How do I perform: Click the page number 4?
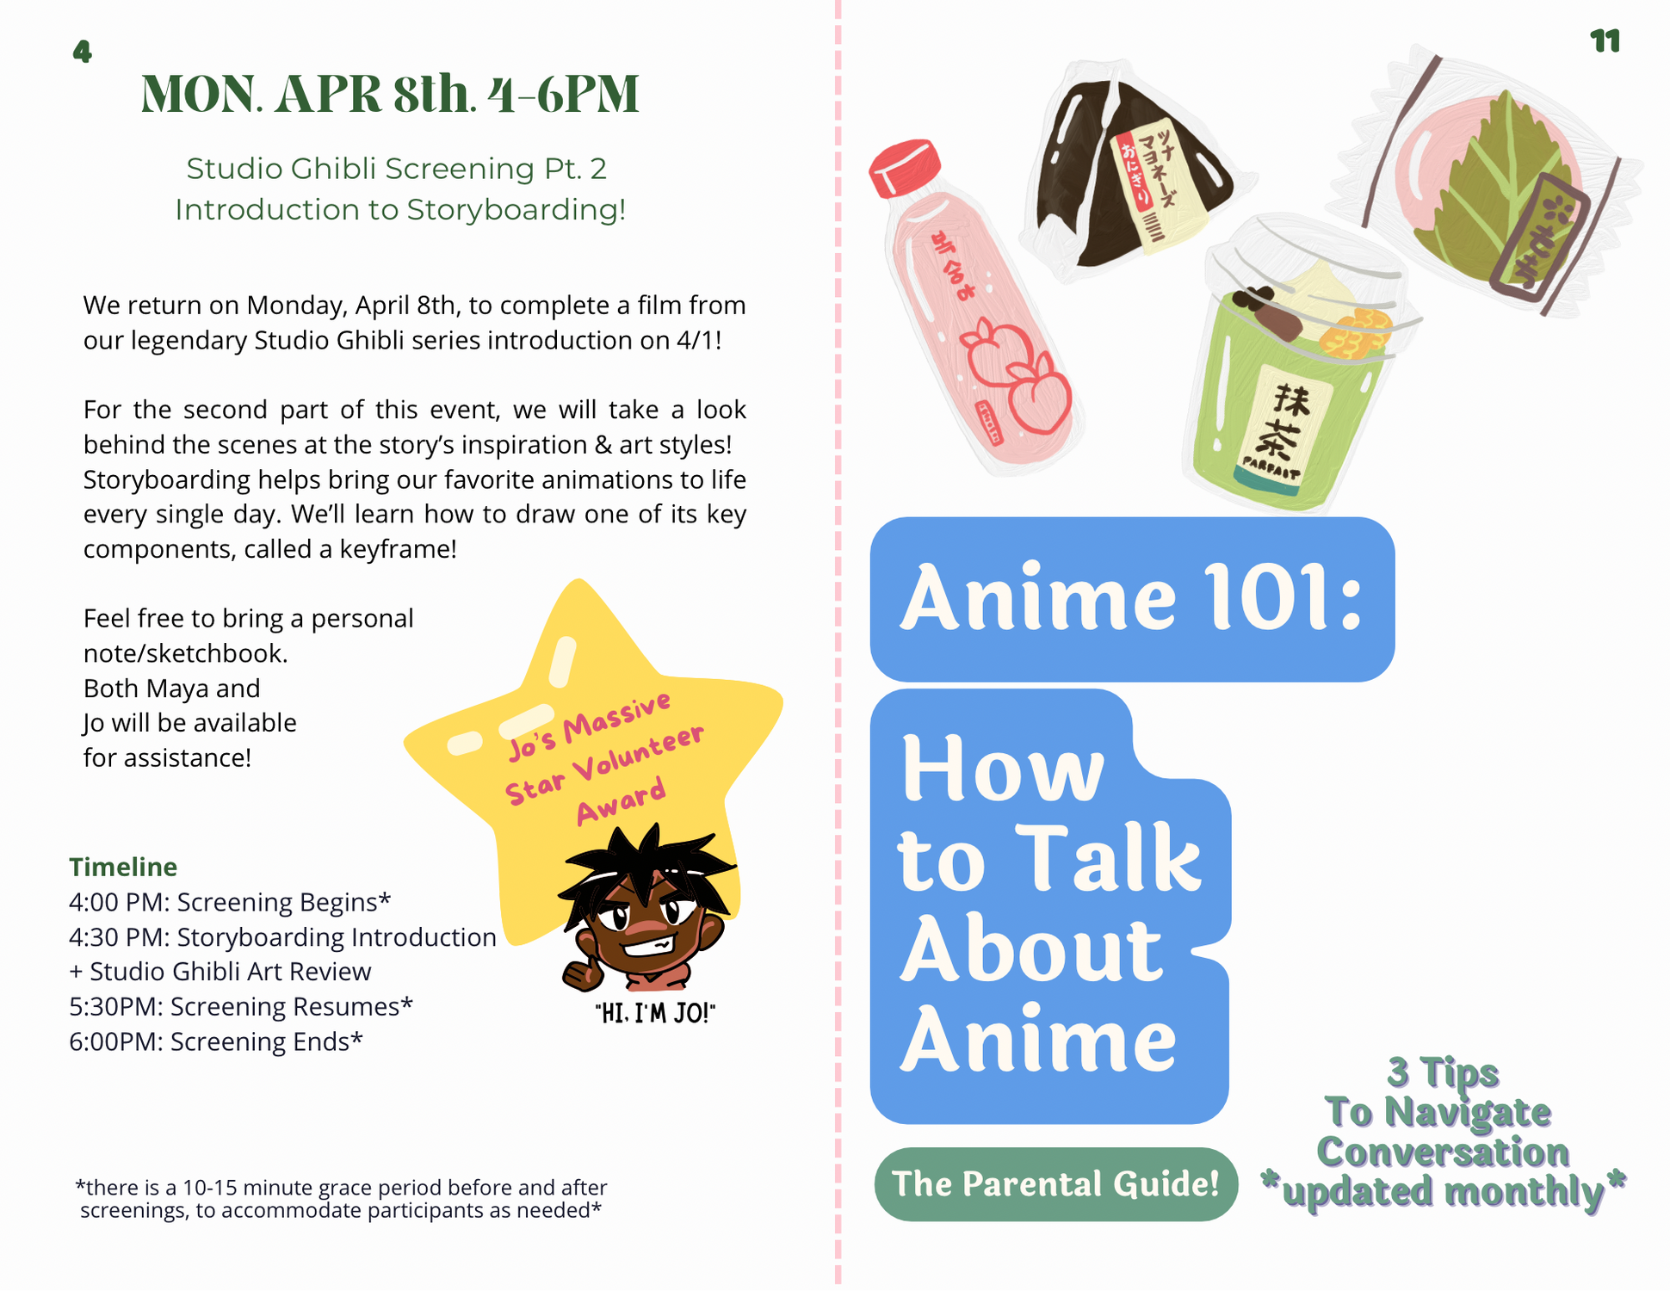[82, 53]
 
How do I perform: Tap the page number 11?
[1605, 41]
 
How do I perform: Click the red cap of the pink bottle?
[904, 167]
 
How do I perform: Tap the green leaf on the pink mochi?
[1506, 181]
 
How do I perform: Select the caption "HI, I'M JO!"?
[655, 1013]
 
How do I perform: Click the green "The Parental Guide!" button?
[1055, 1184]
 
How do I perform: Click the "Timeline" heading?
[123, 867]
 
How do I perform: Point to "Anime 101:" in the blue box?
[1130, 598]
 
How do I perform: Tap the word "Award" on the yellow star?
[621, 800]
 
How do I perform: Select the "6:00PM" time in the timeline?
[115, 1041]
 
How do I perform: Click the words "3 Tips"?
[1443, 1072]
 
